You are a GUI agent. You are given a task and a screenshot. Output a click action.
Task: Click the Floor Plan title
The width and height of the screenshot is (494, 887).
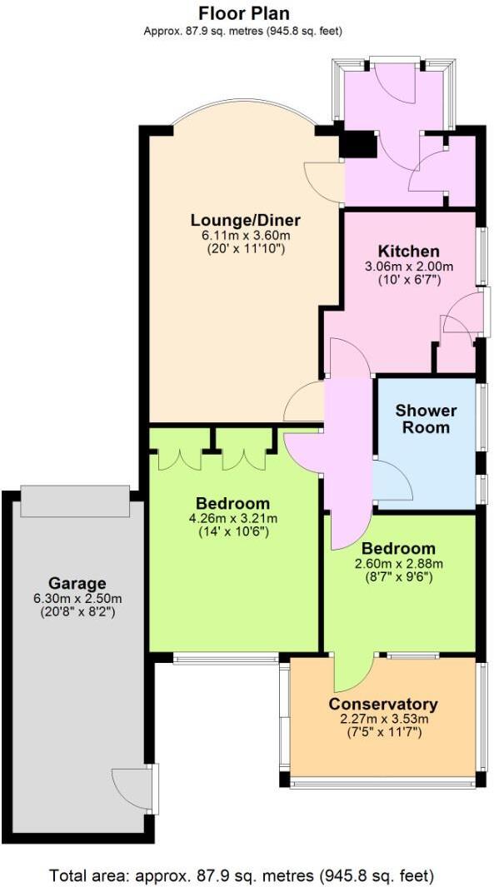(x=245, y=13)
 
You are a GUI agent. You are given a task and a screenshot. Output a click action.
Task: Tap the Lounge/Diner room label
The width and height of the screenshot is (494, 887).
(x=245, y=220)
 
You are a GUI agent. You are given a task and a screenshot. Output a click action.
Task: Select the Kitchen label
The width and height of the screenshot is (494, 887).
(x=408, y=252)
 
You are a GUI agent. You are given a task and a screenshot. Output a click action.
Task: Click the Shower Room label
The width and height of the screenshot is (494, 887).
(x=426, y=419)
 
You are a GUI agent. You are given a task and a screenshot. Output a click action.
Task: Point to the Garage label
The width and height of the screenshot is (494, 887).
(x=77, y=583)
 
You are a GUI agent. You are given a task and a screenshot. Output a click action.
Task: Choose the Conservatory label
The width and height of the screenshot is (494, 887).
(x=383, y=705)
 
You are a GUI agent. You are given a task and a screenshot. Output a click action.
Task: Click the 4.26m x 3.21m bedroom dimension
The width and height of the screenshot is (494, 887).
(x=232, y=518)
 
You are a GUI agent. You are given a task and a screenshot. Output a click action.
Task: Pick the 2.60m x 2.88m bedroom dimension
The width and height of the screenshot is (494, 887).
(x=397, y=563)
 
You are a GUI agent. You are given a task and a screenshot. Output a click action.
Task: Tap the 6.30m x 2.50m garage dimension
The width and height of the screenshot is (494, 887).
(x=77, y=598)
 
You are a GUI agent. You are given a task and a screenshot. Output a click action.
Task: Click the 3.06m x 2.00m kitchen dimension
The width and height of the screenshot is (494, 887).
(x=408, y=267)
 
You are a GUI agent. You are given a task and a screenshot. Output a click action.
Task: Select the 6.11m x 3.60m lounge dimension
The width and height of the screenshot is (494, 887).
(x=245, y=235)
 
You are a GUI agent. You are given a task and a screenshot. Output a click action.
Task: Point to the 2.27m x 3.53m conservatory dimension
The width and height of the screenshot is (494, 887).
(x=383, y=720)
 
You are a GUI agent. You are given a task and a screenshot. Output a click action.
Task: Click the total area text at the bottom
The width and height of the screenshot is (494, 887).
(x=242, y=875)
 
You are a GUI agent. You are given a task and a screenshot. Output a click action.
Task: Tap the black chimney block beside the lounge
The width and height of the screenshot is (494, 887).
(x=359, y=145)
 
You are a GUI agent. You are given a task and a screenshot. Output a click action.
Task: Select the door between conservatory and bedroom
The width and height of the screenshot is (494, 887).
(x=352, y=673)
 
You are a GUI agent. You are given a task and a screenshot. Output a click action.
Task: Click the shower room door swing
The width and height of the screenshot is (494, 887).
(x=390, y=481)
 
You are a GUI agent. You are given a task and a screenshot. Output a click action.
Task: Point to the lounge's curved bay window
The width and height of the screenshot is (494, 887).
(x=244, y=114)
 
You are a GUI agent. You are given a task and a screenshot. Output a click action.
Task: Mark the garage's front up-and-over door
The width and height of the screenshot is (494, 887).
(x=74, y=499)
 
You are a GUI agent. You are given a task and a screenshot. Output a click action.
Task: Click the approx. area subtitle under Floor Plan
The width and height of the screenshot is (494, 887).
(x=245, y=31)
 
